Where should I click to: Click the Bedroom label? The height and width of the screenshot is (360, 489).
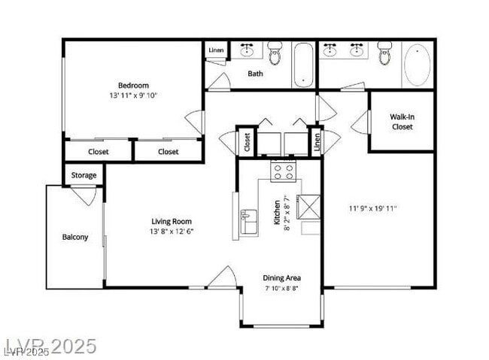click(x=132, y=85)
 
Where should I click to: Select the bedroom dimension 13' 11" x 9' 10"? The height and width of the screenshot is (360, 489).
click(x=132, y=95)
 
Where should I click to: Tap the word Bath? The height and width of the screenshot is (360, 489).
click(x=256, y=74)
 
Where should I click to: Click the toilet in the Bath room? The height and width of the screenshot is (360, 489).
click(x=275, y=54)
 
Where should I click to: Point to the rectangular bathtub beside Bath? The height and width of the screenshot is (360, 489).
click(x=302, y=64)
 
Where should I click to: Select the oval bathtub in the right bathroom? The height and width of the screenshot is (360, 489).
click(x=418, y=65)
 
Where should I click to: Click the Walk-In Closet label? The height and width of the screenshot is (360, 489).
click(x=402, y=122)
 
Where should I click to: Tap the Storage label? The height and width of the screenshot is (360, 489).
click(x=84, y=175)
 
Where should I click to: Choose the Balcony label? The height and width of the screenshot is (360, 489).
click(x=74, y=237)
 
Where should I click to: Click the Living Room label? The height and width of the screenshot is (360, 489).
click(x=172, y=221)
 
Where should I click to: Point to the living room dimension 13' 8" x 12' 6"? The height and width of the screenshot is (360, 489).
click(x=172, y=231)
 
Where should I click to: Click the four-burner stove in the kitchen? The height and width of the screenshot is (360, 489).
click(x=283, y=172)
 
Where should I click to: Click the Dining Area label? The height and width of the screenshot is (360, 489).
click(x=281, y=277)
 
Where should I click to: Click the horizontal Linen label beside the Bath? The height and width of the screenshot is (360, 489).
click(x=216, y=50)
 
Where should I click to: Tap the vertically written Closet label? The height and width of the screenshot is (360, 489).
click(x=246, y=141)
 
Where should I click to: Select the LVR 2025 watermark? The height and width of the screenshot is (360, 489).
click(x=50, y=346)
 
